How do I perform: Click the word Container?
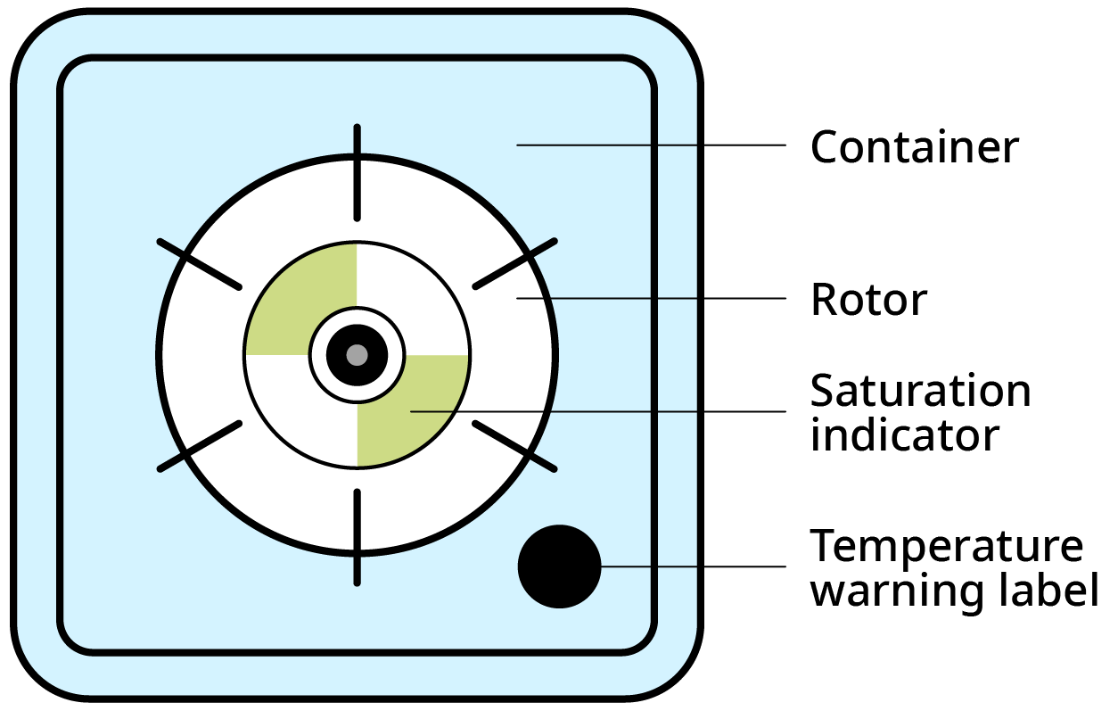914,147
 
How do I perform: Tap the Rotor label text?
868,301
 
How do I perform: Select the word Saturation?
920,391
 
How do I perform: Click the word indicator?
904,435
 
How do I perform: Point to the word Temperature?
947,546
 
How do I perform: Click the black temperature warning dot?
560,566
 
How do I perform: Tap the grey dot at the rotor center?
357,355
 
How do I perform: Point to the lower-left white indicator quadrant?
299,410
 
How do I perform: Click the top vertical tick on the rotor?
358,172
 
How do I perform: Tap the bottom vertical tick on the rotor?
358,537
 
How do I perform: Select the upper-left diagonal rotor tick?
200,264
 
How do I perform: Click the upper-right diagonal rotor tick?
515,264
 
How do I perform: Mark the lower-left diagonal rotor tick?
200,445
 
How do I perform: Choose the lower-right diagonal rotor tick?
515,445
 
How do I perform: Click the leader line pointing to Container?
651,145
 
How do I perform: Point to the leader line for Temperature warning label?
695,566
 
